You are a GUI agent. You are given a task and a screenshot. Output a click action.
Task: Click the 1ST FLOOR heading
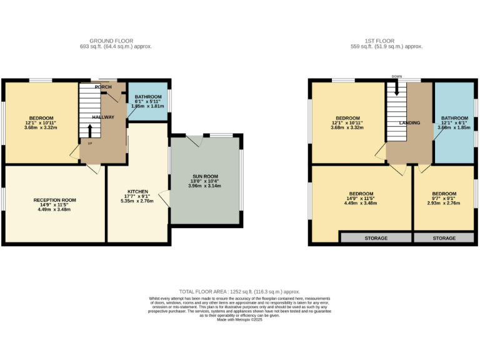pyautogui.click(x=386, y=41)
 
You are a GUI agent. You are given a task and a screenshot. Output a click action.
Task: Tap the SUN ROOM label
pyautogui.click(x=205, y=177)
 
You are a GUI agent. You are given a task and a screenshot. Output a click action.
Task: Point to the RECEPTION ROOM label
pyautogui.click(x=55, y=200)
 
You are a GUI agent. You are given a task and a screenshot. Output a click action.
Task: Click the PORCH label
pyautogui.click(x=103, y=87)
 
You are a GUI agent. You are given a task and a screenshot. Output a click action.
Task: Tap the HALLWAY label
pyautogui.click(x=103, y=117)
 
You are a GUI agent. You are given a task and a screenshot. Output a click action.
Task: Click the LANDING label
pyautogui.click(x=409, y=123)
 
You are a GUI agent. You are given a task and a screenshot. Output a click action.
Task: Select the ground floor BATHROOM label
pyautogui.click(x=149, y=97)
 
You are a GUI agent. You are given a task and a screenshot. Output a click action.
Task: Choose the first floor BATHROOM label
pyautogui.click(x=454, y=118)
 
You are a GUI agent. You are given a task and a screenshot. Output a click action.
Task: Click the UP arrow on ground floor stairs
pyautogui.click(x=91, y=131)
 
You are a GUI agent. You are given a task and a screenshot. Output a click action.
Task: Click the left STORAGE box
pyautogui.click(x=376, y=238)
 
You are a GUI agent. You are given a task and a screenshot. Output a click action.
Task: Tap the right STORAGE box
pyautogui.click(x=444, y=238)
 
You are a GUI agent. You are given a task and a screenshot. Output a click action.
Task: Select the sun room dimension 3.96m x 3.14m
pyautogui.click(x=205, y=186)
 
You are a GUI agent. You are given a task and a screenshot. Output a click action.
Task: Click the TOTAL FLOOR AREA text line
pyautogui.click(x=240, y=292)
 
